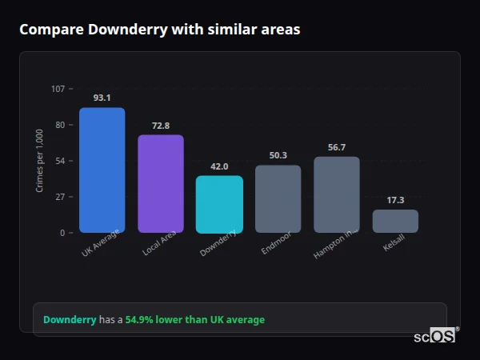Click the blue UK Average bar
point(102,170)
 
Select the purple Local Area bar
point(161,184)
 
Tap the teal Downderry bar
point(219,205)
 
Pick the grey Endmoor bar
point(278,199)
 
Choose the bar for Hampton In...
point(337,194)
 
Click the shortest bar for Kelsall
point(395,222)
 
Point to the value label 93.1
point(102,98)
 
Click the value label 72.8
point(161,126)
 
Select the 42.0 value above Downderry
point(219,166)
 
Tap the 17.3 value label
point(395,200)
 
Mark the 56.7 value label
point(337,147)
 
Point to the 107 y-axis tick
point(58,89)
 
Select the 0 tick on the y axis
point(62,233)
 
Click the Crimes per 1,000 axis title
point(40,161)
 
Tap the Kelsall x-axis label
point(394,244)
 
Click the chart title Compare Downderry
point(160,30)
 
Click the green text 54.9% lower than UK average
point(194,320)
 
